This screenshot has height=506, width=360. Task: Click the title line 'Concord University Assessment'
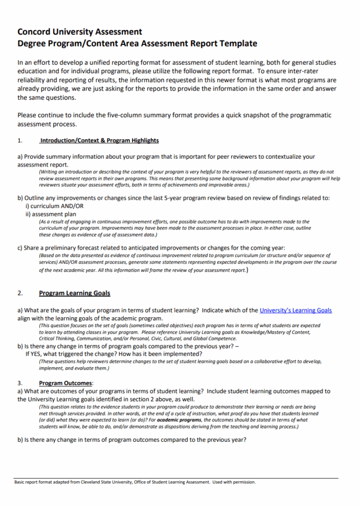point(80,32)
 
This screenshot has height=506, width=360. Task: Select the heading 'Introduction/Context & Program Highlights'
point(99,140)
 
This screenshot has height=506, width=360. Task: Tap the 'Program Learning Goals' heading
point(75,293)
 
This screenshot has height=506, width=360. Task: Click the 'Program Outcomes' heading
point(66,383)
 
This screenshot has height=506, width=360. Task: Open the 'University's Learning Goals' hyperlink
point(296,310)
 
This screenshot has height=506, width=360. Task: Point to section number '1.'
point(20,140)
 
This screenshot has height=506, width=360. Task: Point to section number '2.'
point(20,293)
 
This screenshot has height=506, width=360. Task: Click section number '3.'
point(20,383)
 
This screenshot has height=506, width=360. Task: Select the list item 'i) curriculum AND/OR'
point(54,206)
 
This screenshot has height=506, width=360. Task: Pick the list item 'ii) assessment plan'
point(51,214)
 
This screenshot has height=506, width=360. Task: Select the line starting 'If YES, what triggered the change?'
point(113,354)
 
